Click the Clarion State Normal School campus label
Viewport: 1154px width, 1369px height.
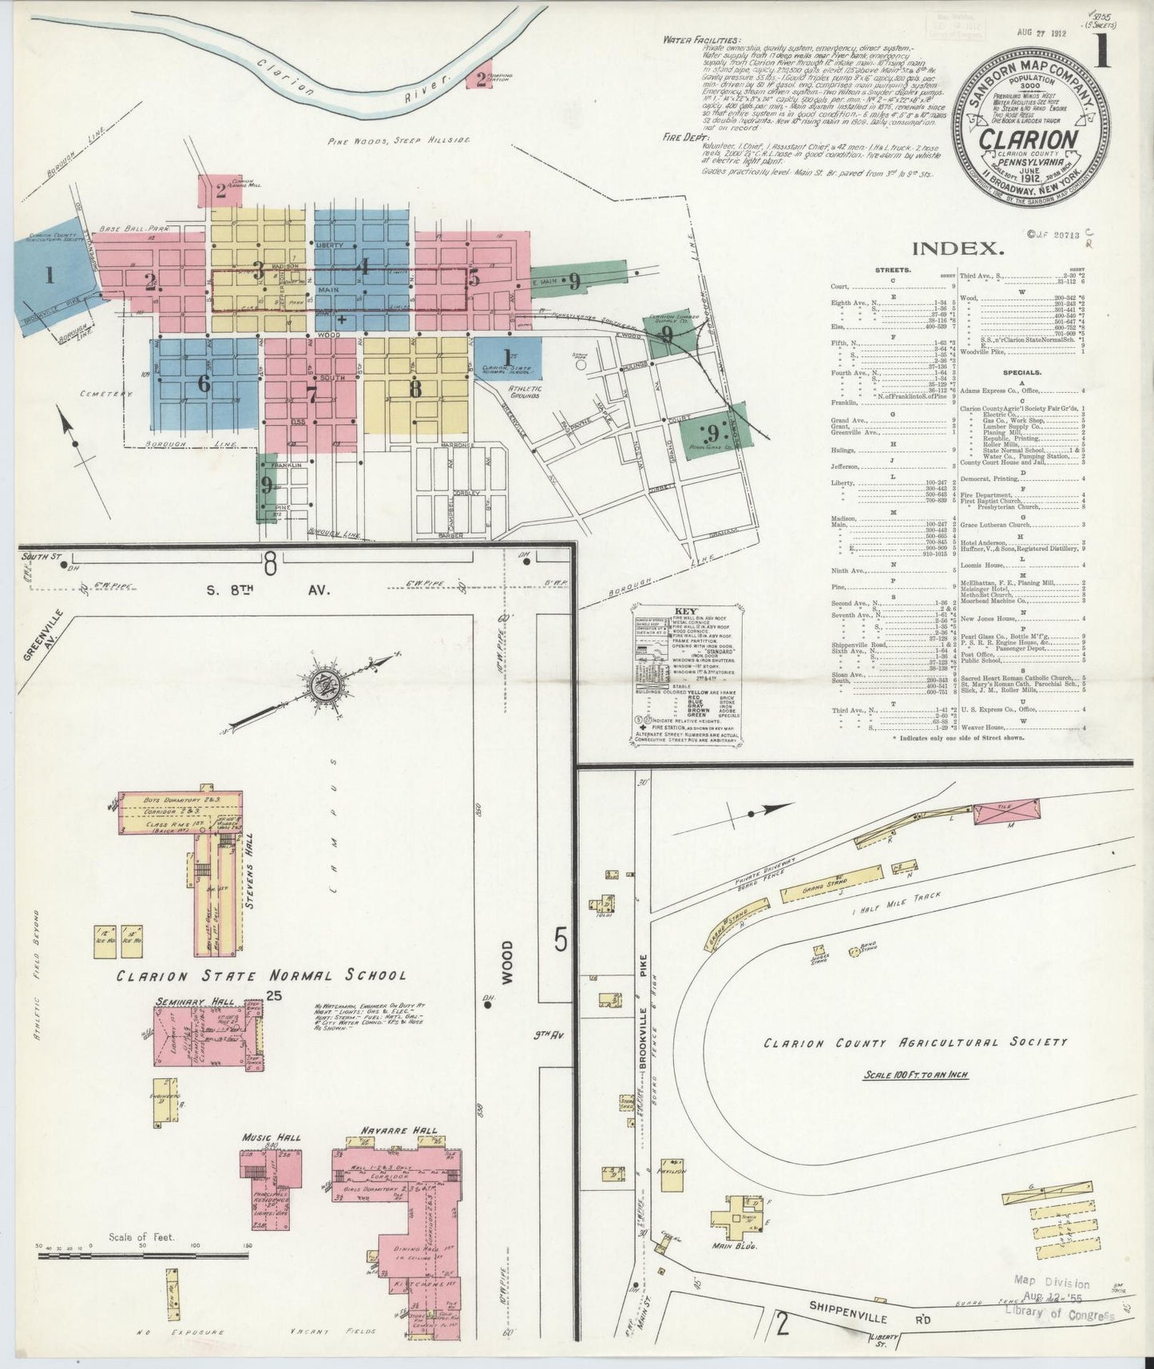[261, 975]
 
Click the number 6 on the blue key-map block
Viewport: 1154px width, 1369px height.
[204, 383]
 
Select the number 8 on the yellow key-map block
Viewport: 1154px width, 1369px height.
[414, 389]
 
